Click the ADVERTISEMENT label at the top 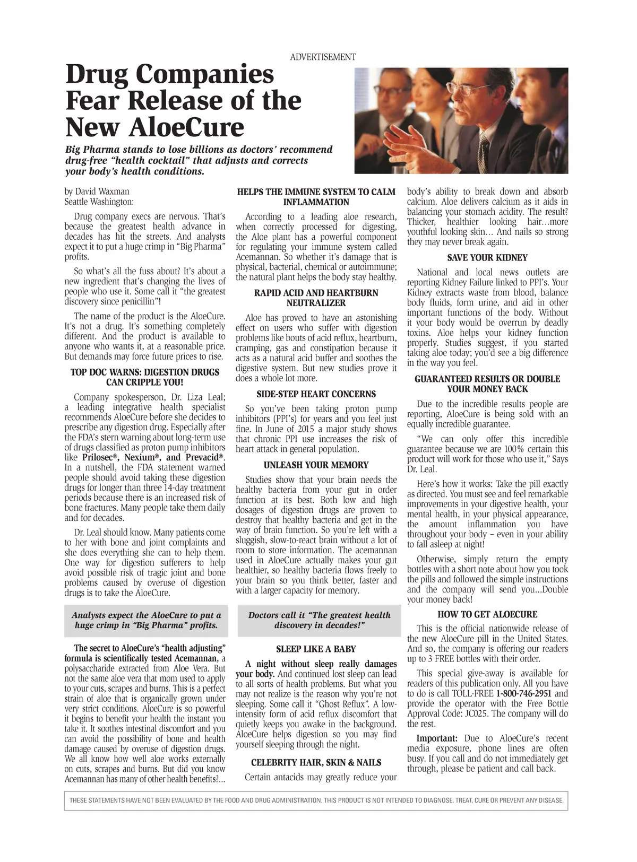coord(323,57)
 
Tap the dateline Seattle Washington coord(99,202)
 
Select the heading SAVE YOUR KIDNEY coord(487,258)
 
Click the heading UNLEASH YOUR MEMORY coord(316,465)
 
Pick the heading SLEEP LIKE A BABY coord(316,649)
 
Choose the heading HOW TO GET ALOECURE coord(487,614)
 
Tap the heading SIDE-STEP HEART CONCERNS coord(316,394)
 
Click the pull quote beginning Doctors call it coord(319,620)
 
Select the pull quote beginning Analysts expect coord(146,620)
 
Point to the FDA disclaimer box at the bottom coord(316,800)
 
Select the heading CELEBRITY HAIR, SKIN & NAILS coord(316,763)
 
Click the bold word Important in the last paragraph coord(437,738)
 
